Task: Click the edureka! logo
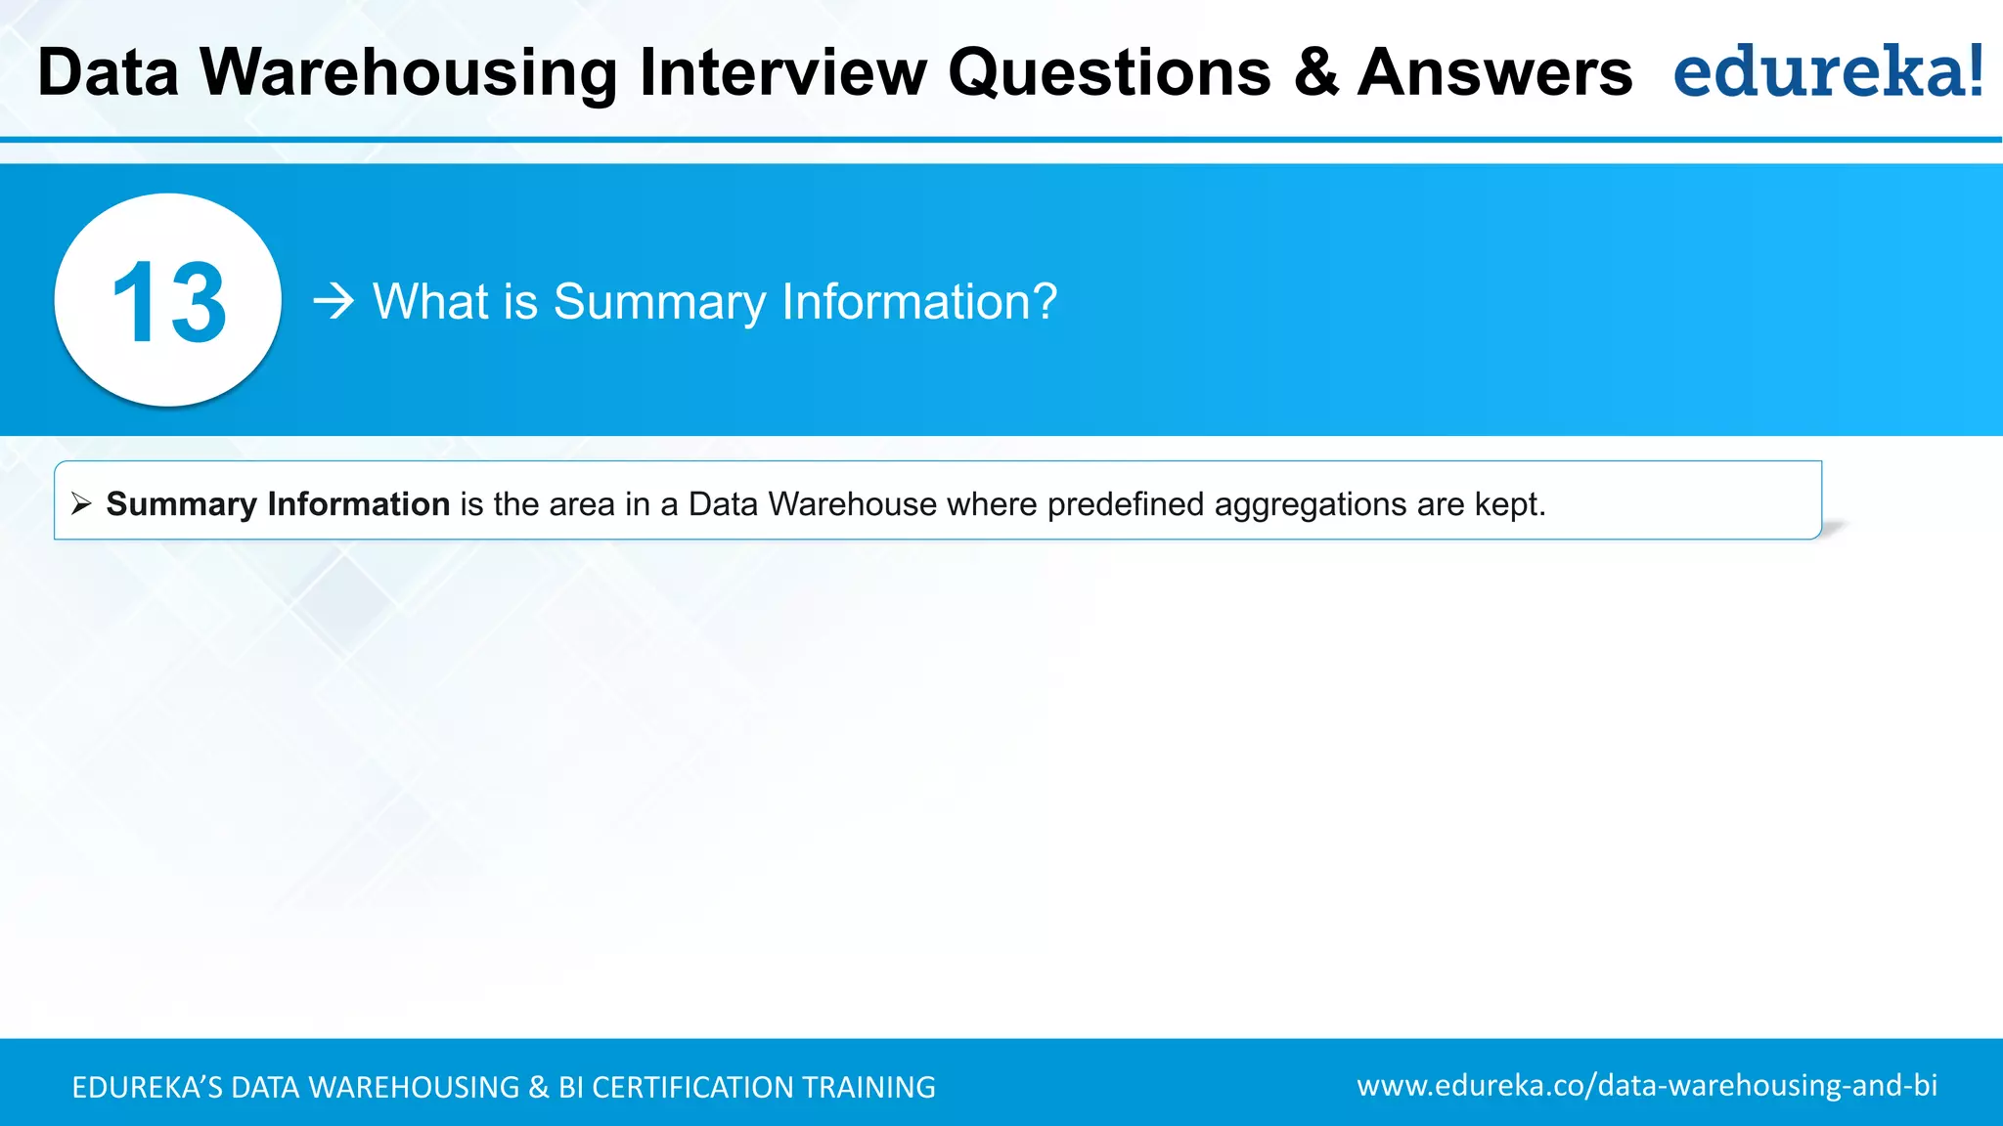pos(1828,72)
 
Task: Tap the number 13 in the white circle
pos(168,303)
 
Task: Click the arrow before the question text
pos(334,301)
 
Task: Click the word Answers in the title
pos(1495,73)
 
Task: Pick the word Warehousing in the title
pos(409,74)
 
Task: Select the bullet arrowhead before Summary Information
pos(81,504)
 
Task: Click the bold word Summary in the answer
pos(181,504)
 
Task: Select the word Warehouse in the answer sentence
pos(853,504)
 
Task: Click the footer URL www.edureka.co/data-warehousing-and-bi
pos(1647,1086)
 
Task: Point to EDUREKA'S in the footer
pos(147,1087)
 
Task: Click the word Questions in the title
pos(1110,73)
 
